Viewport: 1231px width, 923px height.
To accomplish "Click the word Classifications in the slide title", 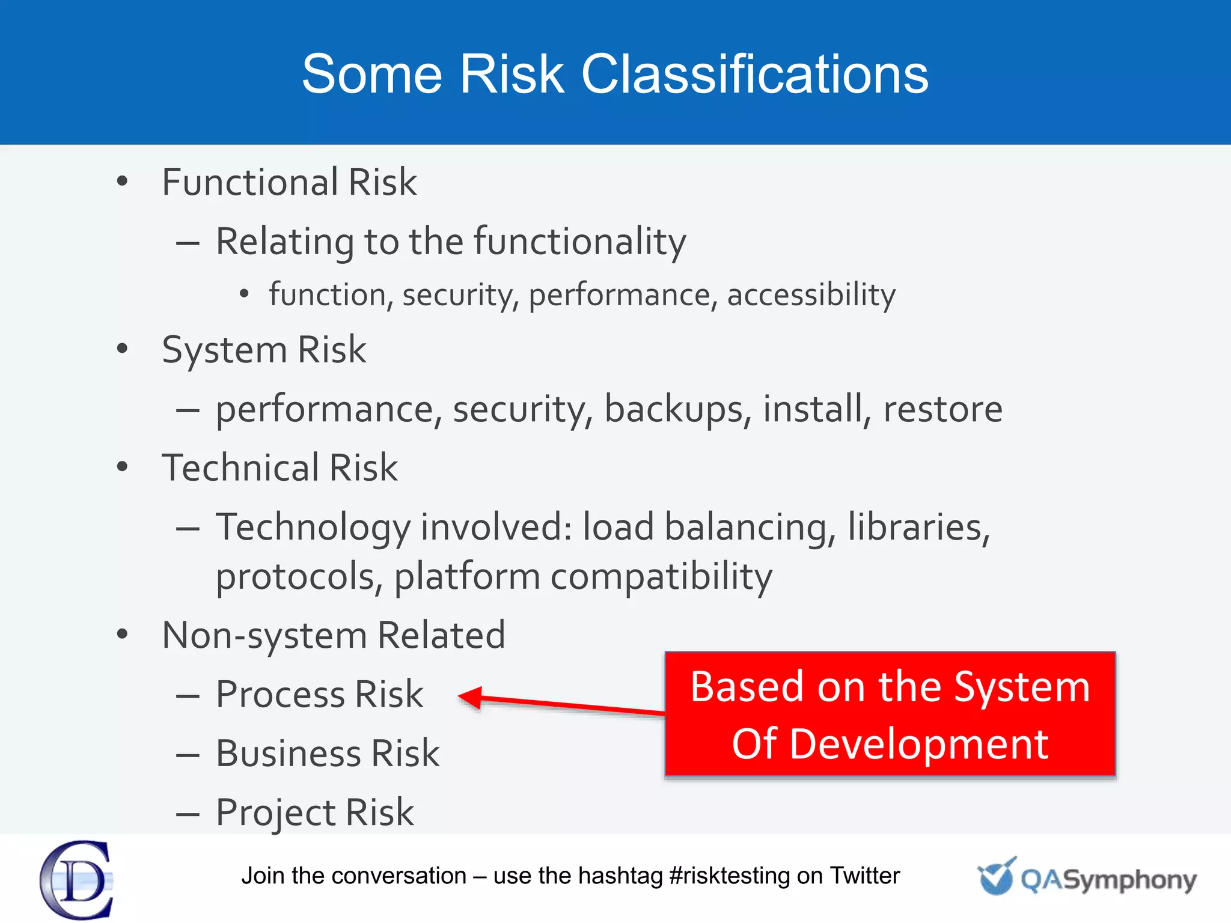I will tap(754, 74).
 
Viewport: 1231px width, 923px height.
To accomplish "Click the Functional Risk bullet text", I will tap(289, 182).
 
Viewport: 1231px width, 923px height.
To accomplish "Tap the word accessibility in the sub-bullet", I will tap(811, 294).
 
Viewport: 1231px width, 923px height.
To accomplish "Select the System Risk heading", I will tap(264, 350).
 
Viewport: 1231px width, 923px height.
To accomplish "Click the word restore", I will tap(942, 409).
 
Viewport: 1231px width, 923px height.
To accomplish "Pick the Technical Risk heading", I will tap(279, 468).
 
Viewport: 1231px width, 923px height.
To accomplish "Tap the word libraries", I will tap(918, 527).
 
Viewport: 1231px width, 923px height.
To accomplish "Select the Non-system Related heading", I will tap(334, 635).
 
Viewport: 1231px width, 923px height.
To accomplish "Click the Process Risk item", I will tap(319, 694).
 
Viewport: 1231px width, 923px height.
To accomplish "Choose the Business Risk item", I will tap(328, 753).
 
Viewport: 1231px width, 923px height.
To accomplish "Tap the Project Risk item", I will tap(315, 812).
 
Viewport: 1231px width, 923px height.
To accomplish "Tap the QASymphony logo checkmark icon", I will tap(996, 877).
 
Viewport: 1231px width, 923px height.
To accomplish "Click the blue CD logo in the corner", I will tap(76, 880).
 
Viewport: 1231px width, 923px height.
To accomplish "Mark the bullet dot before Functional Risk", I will tap(123, 181).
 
